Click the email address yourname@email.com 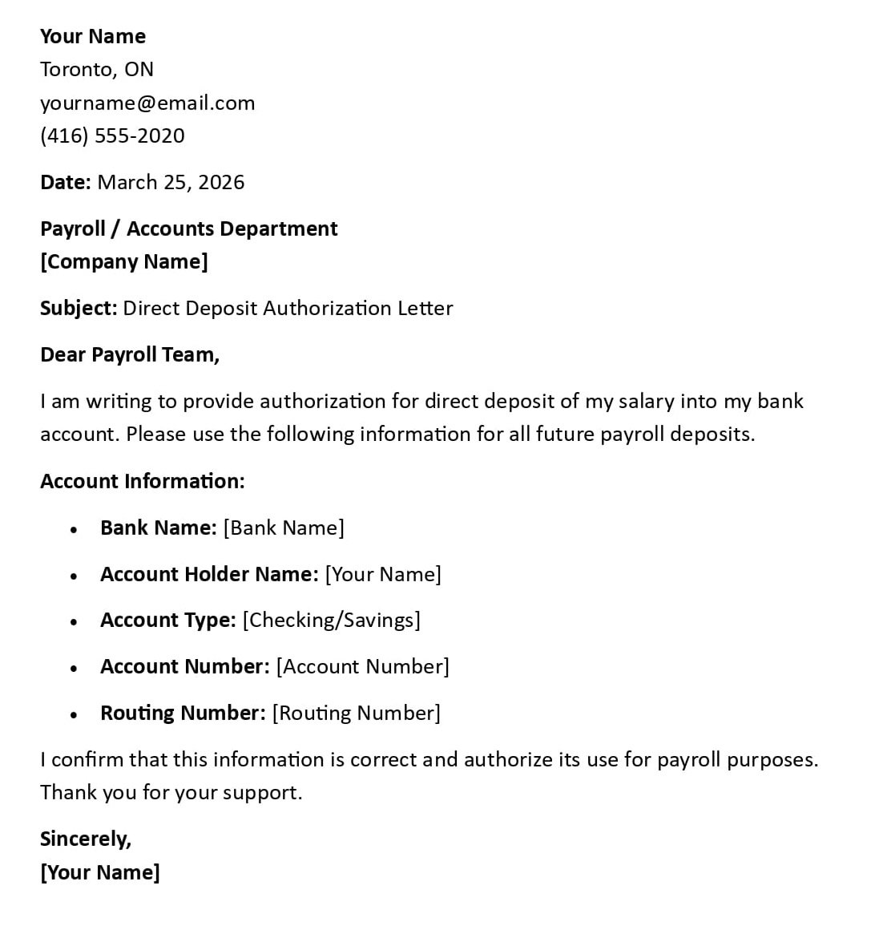[x=147, y=103]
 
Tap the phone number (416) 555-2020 [x=112, y=135]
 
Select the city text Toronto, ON [x=97, y=70]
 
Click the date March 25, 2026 [x=171, y=182]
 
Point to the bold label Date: [x=66, y=182]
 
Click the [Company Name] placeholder [x=124, y=262]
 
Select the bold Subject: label [x=79, y=309]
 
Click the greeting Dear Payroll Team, [x=130, y=355]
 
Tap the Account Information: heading [x=143, y=481]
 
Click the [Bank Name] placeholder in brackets [x=284, y=528]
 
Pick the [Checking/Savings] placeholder [x=331, y=620]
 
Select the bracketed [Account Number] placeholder [x=362, y=666]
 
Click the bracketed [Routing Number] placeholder [x=357, y=713]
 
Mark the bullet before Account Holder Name [x=74, y=576]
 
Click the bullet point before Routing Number [x=74, y=714]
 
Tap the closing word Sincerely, [x=86, y=839]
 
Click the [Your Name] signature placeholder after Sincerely [x=100, y=872]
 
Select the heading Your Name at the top [x=93, y=36]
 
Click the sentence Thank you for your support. [x=171, y=793]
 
